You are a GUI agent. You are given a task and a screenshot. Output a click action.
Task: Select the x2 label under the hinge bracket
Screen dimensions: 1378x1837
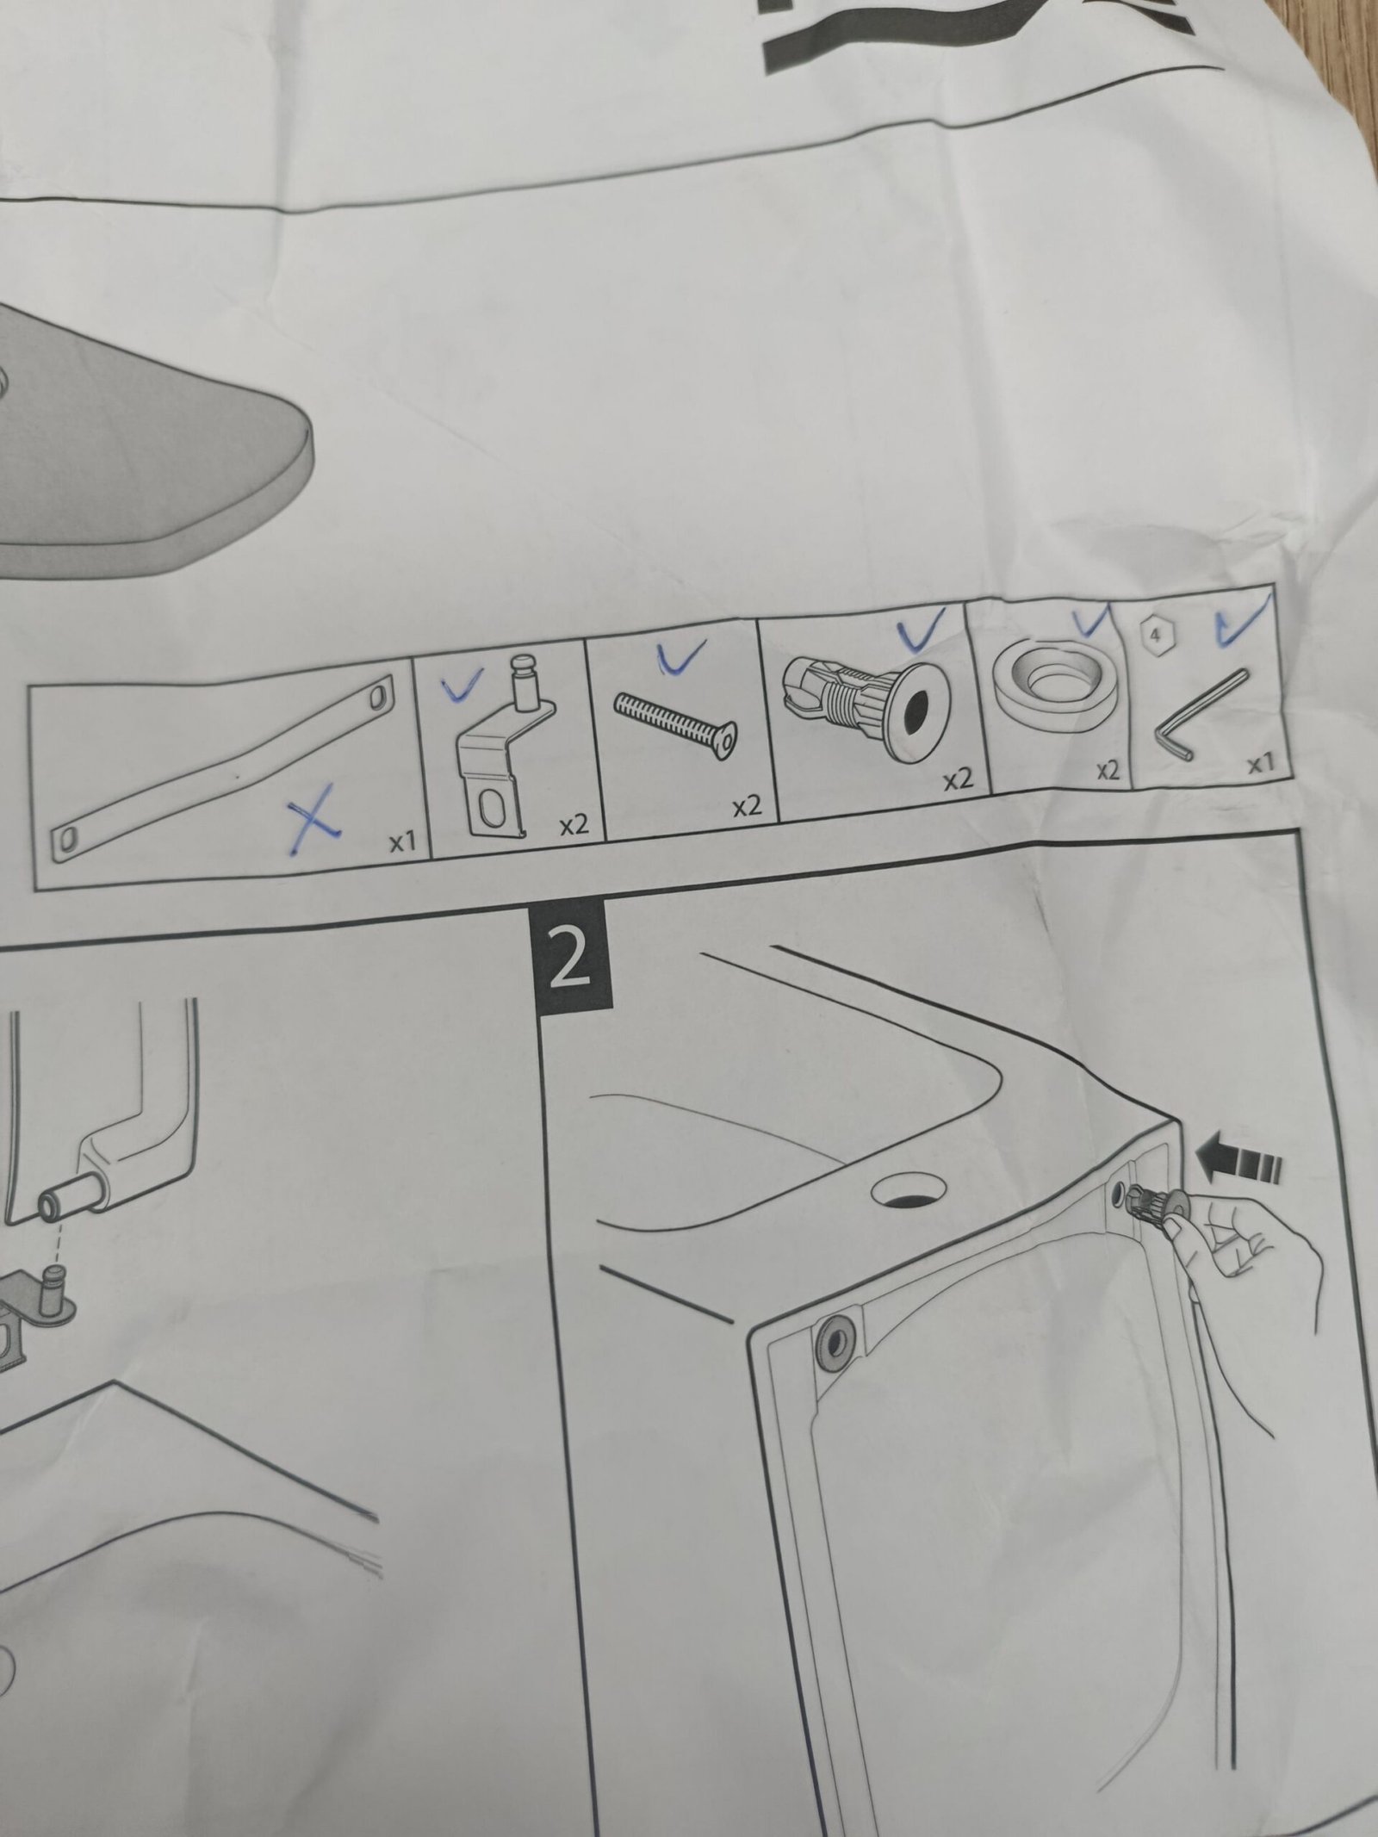point(574,825)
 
